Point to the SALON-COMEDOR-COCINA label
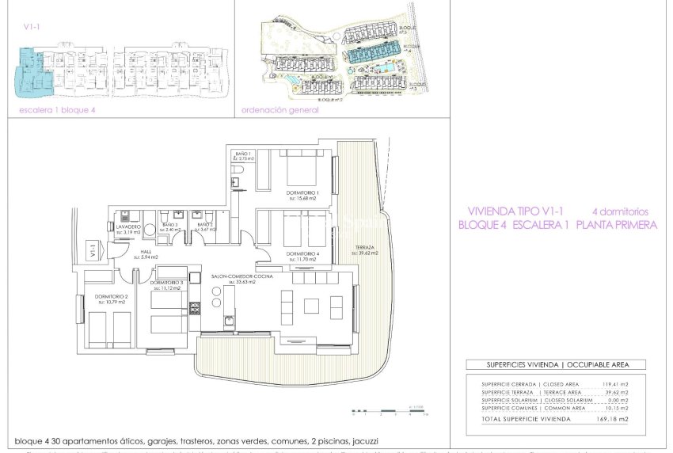click(x=243, y=276)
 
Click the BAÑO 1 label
click(x=243, y=154)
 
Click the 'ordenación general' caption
click(x=274, y=110)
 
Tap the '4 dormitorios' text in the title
click(x=620, y=211)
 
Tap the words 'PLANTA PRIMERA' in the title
click(x=618, y=225)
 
